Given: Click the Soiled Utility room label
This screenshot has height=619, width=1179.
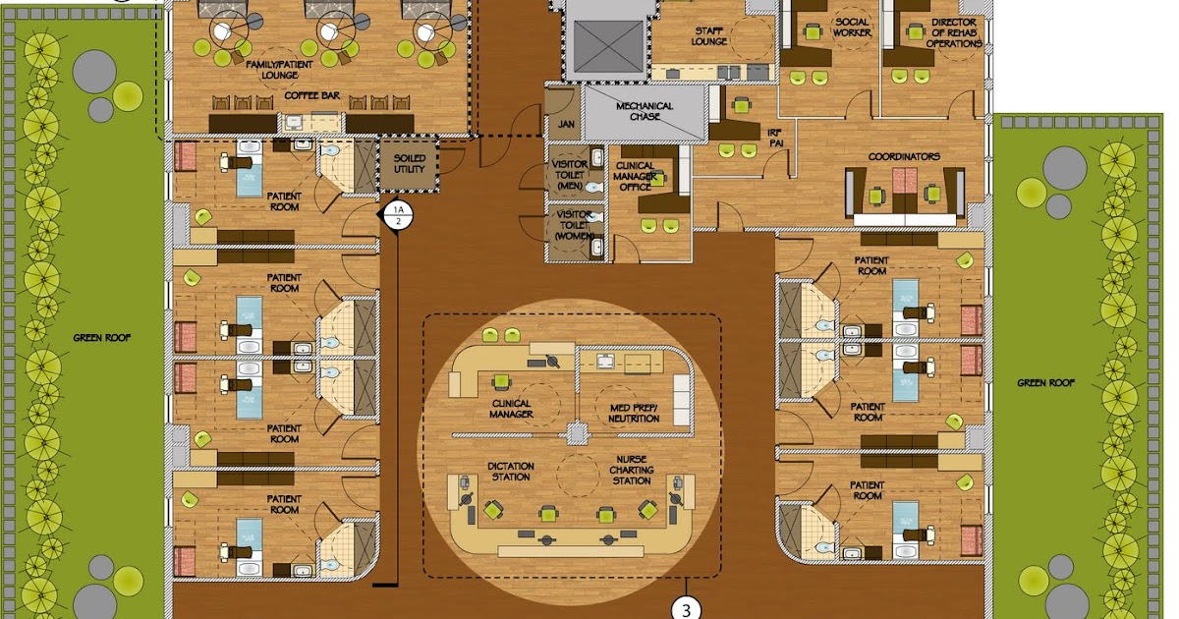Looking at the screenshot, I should [x=410, y=164].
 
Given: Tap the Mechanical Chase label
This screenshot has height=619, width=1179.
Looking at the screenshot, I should [x=645, y=111].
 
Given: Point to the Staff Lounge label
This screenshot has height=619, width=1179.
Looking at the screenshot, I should [x=709, y=36].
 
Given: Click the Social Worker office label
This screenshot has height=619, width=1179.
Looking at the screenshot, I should [x=852, y=27].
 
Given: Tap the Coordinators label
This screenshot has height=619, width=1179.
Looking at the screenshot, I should [x=904, y=156].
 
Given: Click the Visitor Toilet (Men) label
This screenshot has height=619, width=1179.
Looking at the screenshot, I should [x=571, y=174].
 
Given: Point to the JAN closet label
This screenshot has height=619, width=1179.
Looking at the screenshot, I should [x=566, y=125].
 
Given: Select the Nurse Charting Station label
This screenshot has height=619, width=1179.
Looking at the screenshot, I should [x=631, y=470].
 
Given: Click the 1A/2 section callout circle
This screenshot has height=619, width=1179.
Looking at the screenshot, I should [x=398, y=215].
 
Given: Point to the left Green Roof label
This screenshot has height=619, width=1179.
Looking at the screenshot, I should [x=102, y=338].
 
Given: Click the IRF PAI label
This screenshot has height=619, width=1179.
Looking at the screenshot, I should [x=749, y=137].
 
